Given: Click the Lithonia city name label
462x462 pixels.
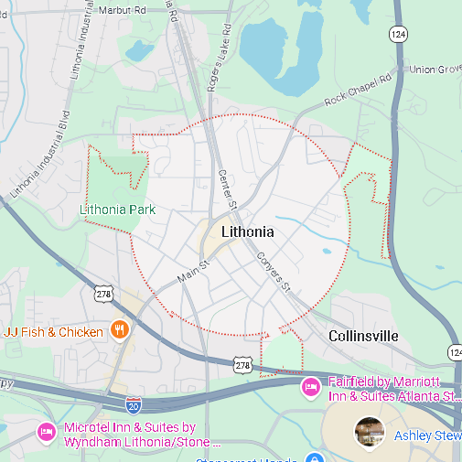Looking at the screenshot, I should tap(248, 232).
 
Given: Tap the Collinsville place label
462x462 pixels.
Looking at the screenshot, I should tap(363, 337).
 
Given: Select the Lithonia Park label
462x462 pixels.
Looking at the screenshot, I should tap(117, 210).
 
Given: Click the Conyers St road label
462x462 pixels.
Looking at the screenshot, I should tap(273, 273).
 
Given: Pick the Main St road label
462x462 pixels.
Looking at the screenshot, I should tap(193, 271).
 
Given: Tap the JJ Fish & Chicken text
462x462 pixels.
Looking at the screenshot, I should tap(54, 331).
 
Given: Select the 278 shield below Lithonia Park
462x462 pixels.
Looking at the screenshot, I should tap(102, 294).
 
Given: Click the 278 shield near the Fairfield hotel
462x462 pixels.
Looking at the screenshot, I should tap(242, 365).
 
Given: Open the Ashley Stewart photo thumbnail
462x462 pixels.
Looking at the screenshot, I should tap(369, 432).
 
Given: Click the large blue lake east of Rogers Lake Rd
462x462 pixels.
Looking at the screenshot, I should tap(279, 46).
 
